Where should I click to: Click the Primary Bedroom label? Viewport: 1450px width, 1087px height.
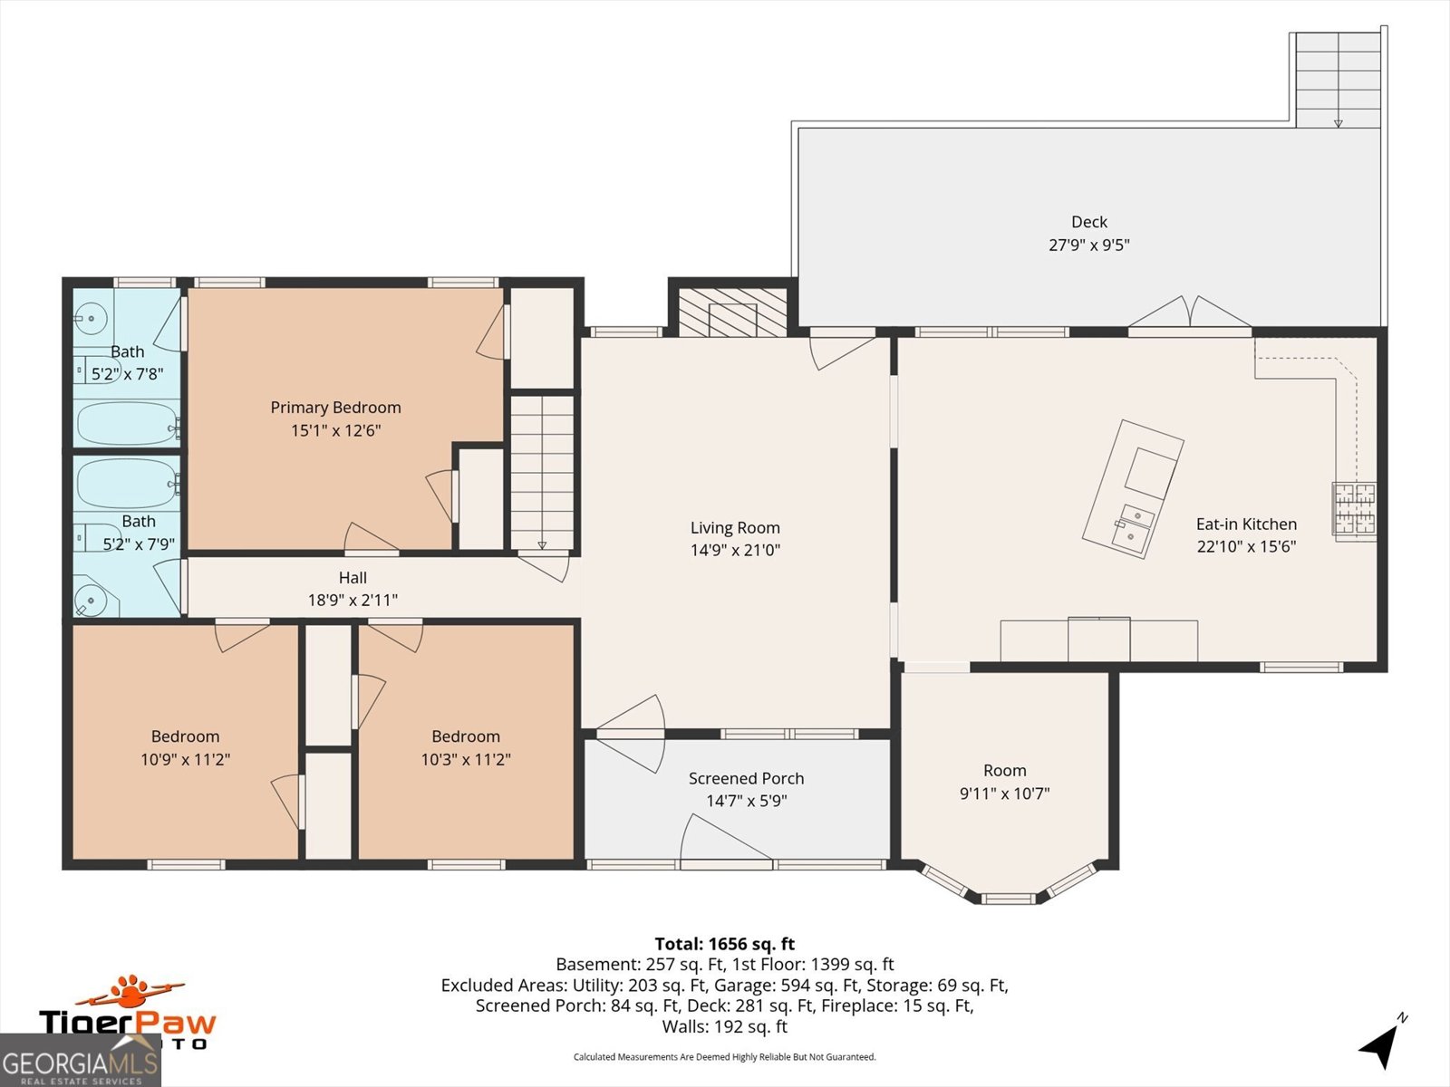coord(335,408)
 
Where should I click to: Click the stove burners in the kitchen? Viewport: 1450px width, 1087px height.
coord(1353,509)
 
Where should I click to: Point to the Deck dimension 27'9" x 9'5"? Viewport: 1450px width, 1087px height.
coord(1088,245)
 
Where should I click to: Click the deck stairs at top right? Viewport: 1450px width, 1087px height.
coord(1338,80)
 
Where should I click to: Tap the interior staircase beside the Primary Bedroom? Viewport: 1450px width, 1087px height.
coord(542,472)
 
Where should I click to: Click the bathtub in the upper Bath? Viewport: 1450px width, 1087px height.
coord(127,423)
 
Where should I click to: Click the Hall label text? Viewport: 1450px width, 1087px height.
coord(353,578)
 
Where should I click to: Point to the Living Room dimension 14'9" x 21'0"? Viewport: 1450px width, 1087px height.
coord(735,550)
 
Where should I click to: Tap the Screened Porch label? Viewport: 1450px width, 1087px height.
coord(746,778)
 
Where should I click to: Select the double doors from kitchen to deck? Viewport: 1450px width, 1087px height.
coord(1189,313)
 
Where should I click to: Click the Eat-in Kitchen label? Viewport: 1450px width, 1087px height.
coord(1246,524)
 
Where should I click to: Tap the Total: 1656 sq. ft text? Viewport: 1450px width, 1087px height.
coord(725,944)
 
